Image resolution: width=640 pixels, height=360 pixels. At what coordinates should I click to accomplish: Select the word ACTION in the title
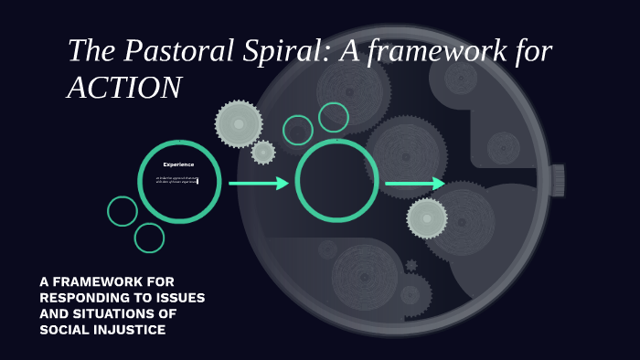(x=124, y=88)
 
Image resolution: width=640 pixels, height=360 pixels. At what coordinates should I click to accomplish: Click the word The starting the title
(x=90, y=52)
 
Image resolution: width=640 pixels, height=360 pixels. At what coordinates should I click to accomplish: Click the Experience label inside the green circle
(x=178, y=164)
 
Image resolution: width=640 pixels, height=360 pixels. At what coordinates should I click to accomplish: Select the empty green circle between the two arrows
(x=336, y=180)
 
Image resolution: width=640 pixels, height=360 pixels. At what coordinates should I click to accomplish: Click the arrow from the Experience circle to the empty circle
(x=258, y=184)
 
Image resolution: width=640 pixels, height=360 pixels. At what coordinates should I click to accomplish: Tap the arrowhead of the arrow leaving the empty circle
(x=440, y=184)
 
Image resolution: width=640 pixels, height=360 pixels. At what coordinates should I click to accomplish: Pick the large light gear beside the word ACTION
(x=239, y=123)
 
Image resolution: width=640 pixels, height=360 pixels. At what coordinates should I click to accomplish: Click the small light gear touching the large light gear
(x=263, y=153)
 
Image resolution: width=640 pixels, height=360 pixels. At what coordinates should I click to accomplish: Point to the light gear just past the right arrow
(x=427, y=218)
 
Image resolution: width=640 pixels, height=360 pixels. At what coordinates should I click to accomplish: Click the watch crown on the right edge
(x=557, y=180)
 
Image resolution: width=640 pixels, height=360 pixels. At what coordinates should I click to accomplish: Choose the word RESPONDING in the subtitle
(x=80, y=298)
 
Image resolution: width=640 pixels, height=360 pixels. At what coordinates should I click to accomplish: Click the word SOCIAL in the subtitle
(x=65, y=329)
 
